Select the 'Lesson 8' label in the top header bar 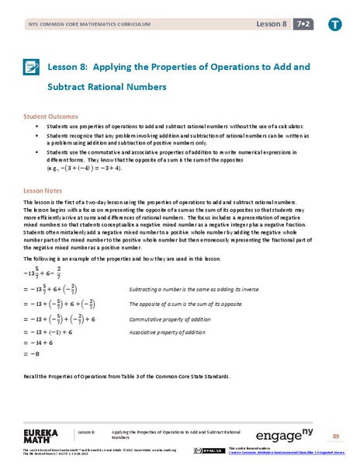click(272, 24)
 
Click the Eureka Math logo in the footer click(46, 433)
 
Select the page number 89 click(335, 435)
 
